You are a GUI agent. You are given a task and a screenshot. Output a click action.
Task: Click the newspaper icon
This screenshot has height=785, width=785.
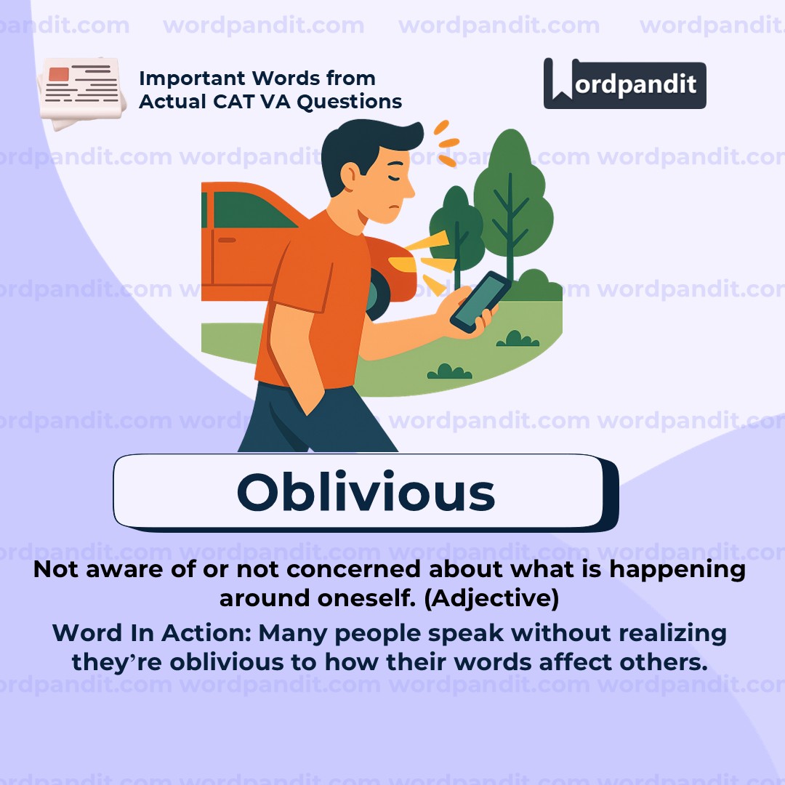point(81,93)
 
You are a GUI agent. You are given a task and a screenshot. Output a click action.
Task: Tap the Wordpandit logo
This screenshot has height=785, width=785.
point(625,84)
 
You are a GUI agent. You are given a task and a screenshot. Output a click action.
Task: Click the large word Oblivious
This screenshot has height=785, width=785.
point(366,491)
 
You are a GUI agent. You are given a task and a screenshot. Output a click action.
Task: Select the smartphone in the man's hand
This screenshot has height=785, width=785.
point(480,302)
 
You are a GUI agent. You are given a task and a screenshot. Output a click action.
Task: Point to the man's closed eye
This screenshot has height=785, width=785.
point(395,178)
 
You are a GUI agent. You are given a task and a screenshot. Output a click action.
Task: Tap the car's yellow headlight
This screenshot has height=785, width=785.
point(401,264)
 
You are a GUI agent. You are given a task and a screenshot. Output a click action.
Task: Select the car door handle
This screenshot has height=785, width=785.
point(227,241)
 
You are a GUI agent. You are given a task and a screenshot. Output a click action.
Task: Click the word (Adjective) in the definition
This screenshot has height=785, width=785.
point(491,598)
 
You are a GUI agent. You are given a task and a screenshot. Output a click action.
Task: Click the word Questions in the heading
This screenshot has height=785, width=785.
point(350,102)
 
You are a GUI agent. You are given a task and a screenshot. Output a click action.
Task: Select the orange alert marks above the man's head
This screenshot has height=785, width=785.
point(446,144)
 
